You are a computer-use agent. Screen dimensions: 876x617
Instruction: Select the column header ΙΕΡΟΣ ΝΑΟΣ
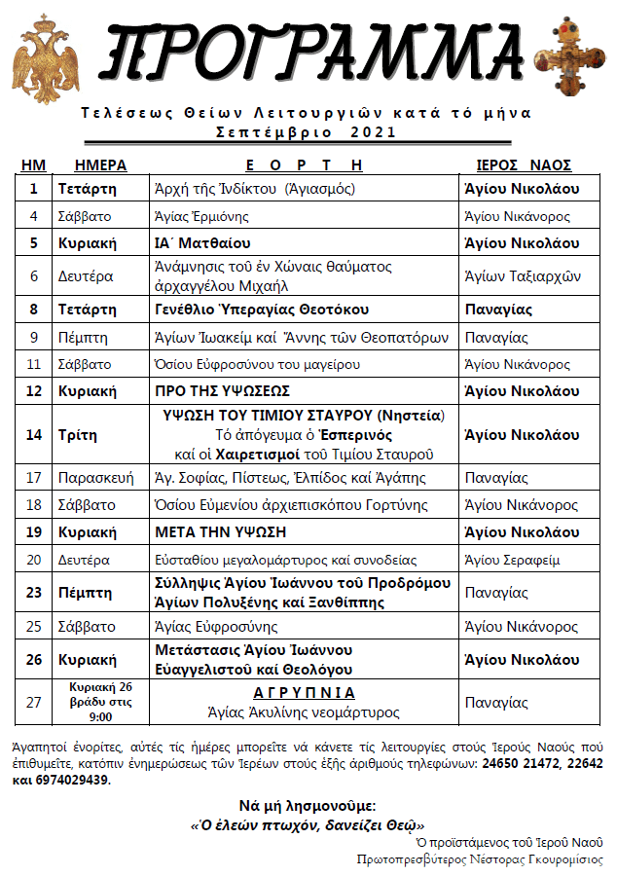pos(523,164)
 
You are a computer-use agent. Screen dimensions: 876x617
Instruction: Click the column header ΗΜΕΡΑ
pos(100,164)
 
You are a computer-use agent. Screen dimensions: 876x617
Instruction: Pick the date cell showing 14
pos(34,434)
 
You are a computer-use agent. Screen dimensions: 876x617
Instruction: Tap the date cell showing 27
pos(34,702)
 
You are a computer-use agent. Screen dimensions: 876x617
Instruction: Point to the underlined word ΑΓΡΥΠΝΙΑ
pos(305,693)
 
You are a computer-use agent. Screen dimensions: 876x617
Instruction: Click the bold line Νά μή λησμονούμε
pos(308,805)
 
